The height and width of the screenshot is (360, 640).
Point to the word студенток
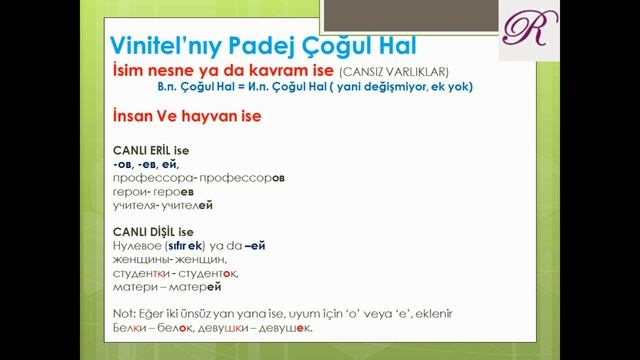(x=211, y=273)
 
